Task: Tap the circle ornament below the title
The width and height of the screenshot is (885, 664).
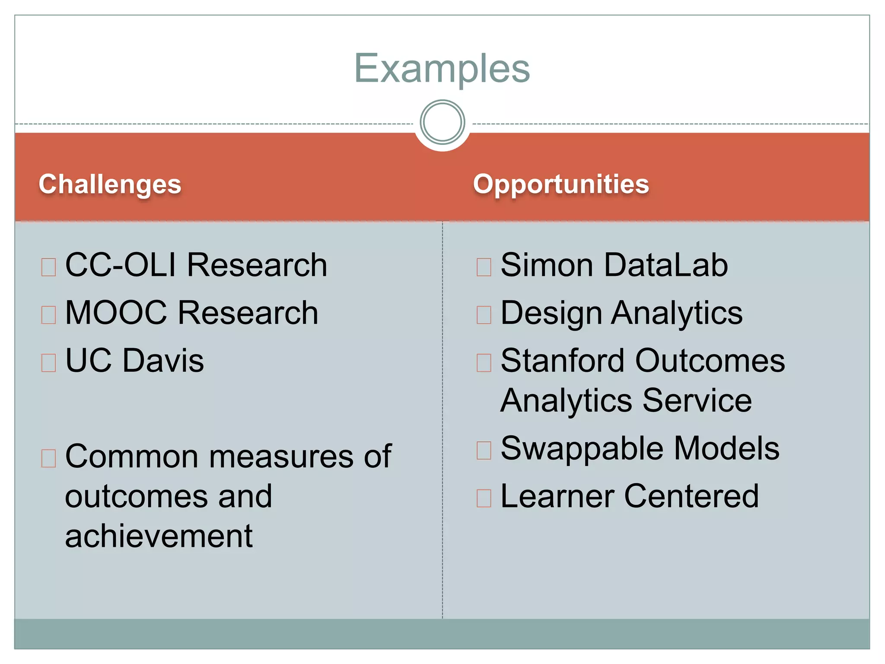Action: click(x=442, y=122)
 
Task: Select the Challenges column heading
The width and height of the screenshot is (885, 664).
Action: click(x=110, y=184)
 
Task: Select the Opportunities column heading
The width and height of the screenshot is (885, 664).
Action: click(x=560, y=184)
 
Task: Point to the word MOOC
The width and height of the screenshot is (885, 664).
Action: click(x=116, y=313)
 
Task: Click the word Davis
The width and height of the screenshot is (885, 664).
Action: click(x=163, y=361)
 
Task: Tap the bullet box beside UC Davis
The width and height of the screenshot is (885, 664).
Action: click(x=48, y=363)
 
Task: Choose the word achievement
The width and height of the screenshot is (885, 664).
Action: click(x=159, y=536)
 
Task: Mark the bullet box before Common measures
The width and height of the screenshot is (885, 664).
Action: click(x=48, y=458)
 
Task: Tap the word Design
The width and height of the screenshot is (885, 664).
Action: click(x=551, y=313)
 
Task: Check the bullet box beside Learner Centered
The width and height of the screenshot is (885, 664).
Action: click(x=484, y=498)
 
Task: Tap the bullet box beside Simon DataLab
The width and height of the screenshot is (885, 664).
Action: click(x=484, y=267)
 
